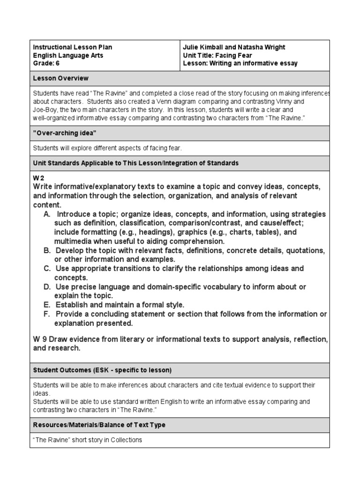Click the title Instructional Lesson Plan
(x=73, y=47)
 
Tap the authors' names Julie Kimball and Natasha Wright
(x=234, y=47)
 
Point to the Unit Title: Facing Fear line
(x=217, y=55)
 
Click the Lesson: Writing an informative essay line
(x=240, y=63)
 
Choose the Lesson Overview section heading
(x=60, y=78)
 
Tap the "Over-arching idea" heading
(x=64, y=134)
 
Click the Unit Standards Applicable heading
(x=136, y=163)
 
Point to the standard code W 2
(x=38, y=179)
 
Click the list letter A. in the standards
(x=47, y=214)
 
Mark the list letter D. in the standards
(x=47, y=287)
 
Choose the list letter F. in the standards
(x=47, y=314)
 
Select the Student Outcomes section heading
(x=102, y=370)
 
